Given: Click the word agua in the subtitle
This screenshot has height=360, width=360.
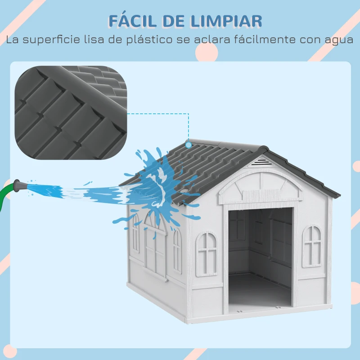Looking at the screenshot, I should (x=338, y=40).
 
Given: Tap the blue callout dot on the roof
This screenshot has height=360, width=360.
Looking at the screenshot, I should (x=189, y=144).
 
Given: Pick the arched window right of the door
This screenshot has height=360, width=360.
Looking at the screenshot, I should (x=312, y=246).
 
